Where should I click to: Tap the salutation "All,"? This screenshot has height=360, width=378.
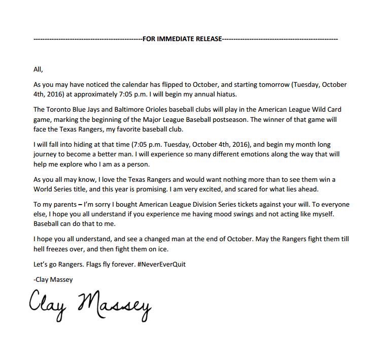[38, 70]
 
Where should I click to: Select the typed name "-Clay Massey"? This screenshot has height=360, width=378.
[52, 279]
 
